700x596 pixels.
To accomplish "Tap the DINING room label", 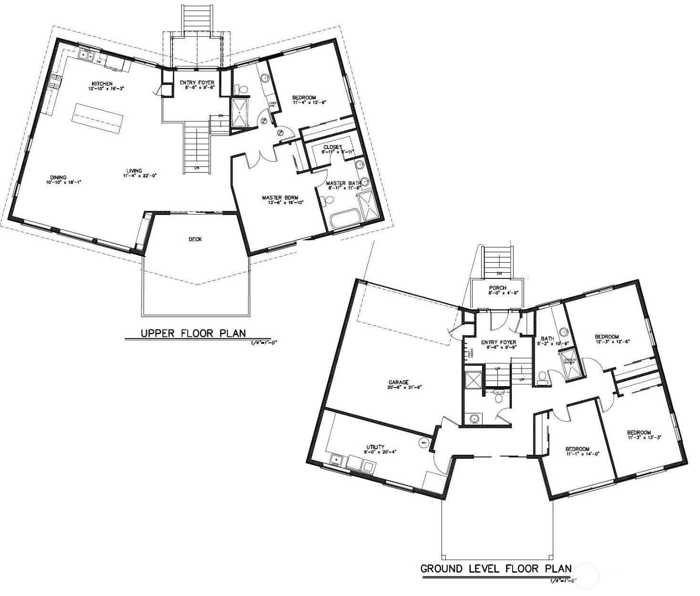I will point(58,177).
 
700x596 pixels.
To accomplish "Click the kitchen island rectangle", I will point(98,117).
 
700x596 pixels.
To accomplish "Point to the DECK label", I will point(195,239).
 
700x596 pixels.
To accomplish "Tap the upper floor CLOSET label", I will point(332,147).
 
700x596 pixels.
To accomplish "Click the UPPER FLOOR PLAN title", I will point(193,333).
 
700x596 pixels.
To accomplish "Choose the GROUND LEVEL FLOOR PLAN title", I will point(495,569).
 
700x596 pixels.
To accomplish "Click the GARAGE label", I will point(398,382).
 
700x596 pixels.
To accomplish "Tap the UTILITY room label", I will point(375,447).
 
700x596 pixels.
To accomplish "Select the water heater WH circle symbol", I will point(422,442).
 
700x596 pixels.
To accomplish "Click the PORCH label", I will point(497,288).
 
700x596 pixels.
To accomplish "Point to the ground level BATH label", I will point(547,339).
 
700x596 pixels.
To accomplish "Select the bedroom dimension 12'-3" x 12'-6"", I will point(607,341).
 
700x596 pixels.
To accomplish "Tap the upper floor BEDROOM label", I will point(304,98).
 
